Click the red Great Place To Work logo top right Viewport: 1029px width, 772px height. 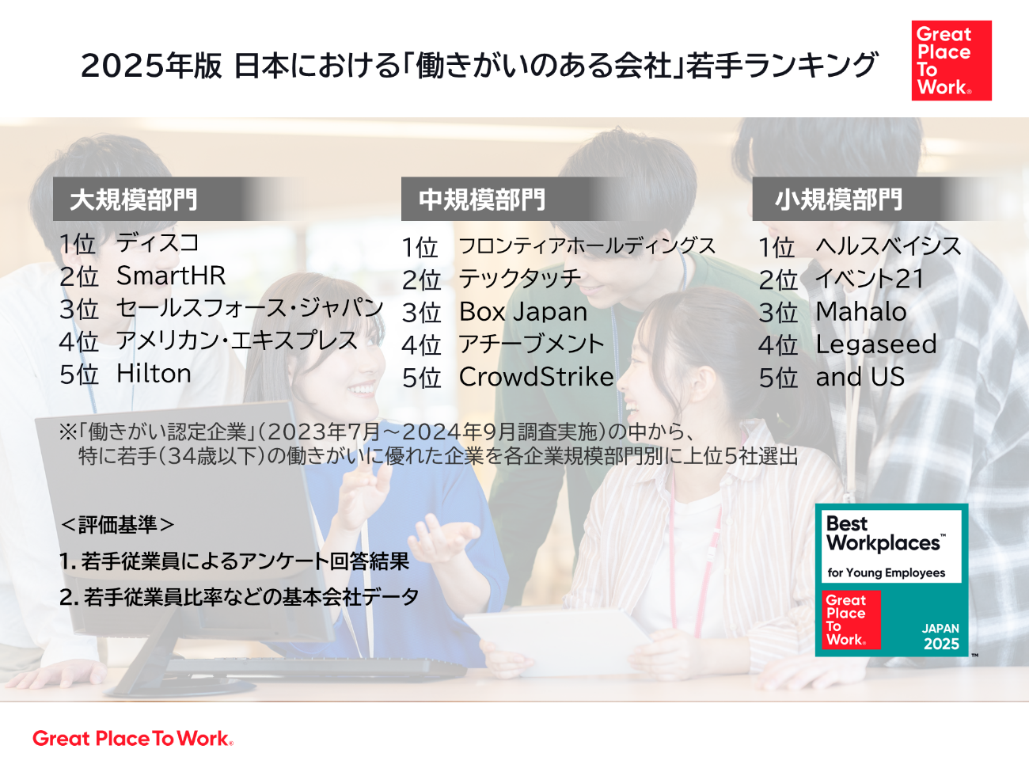coord(951,60)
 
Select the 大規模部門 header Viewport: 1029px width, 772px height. coord(134,200)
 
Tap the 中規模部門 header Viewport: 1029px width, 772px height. coord(482,200)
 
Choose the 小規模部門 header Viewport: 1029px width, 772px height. coord(838,200)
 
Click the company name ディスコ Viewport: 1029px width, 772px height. coord(158,243)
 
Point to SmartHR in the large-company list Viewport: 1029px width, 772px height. coord(171,276)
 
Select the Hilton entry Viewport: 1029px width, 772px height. coord(154,374)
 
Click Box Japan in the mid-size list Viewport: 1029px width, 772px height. coord(523,312)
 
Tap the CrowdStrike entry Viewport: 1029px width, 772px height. coord(537,377)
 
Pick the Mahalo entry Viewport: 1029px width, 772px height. coord(861,312)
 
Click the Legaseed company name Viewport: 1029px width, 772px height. coord(876,345)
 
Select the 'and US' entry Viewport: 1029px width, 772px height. coord(860,377)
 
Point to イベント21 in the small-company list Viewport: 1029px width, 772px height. coord(870,279)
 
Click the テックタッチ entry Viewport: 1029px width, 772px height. coord(520,279)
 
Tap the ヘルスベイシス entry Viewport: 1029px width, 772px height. coord(888,246)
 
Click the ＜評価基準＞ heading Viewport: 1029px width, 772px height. coord(117,525)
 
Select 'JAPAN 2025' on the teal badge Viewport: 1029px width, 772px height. coord(941,636)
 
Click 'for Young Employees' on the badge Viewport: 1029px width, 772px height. coord(886,572)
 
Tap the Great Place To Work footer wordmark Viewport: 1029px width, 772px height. coord(133,739)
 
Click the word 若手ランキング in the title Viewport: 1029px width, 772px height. coord(781,65)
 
